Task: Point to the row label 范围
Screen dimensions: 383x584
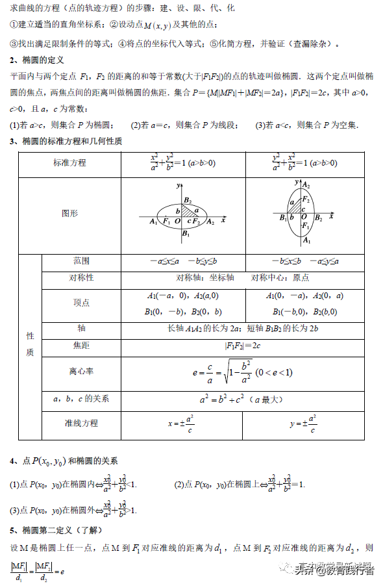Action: [82, 260]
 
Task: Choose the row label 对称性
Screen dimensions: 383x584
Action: [82, 278]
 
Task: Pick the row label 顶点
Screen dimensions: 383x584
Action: [82, 303]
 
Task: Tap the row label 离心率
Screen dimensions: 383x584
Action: [82, 372]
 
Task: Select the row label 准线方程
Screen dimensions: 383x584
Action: [82, 423]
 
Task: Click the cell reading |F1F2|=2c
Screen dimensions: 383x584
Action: [243, 346]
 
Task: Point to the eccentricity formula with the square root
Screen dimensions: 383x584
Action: [243, 372]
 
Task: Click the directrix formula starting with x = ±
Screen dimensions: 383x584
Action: [182, 424]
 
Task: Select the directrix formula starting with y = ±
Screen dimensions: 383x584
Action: [303, 424]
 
